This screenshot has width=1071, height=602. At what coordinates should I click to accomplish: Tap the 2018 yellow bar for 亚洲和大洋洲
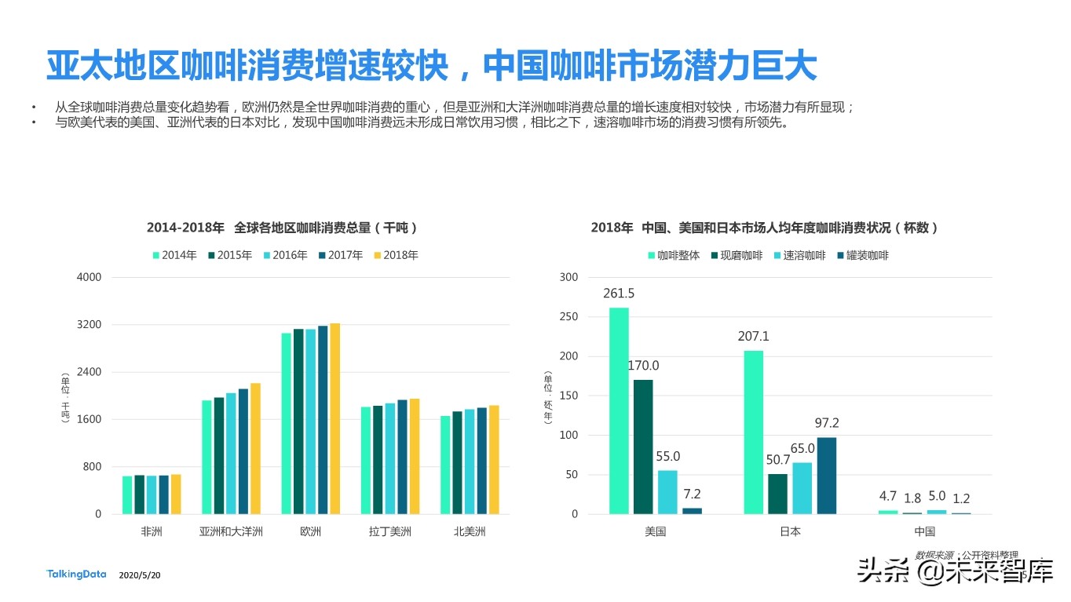coord(255,448)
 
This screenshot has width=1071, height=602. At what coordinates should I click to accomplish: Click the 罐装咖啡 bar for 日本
coord(827,476)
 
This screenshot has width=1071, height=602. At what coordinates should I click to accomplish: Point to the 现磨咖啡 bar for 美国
coord(643,447)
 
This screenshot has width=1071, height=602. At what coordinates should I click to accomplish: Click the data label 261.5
coord(619,294)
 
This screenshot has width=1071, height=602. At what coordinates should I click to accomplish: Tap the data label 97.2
coord(827,423)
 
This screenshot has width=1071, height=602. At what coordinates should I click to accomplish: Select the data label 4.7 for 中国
coord(887,496)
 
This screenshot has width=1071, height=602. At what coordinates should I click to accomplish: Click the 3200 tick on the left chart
coord(89,325)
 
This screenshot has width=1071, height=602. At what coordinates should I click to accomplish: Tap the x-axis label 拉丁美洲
coord(389,531)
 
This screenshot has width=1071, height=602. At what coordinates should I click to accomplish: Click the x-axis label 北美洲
coord(470,531)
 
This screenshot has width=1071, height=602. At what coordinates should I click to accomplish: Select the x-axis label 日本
coord(790,531)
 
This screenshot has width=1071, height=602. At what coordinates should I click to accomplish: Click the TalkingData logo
coord(76,575)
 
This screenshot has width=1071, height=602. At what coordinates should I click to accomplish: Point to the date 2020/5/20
coord(140,575)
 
